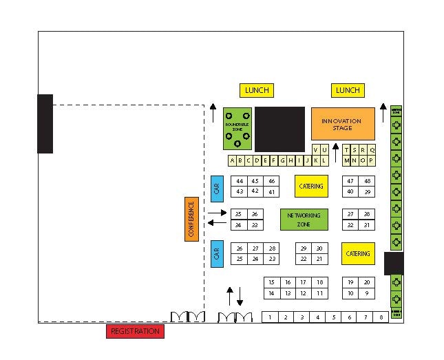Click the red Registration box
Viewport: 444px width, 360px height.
[x=136, y=331]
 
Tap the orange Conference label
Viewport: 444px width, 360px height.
[x=191, y=218]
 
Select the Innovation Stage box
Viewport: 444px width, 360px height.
[x=343, y=124]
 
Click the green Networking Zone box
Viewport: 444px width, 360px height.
[x=304, y=219]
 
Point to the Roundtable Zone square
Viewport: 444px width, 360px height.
[x=237, y=128]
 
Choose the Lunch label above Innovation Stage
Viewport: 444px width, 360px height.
[x=348, y=90]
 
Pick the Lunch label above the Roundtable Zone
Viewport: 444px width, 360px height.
[x=257, y=90]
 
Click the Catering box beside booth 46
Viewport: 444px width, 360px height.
[x=310, y=186]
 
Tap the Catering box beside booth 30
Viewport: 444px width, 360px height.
[x=358, y=253]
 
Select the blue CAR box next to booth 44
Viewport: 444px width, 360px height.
[x=217, y=189]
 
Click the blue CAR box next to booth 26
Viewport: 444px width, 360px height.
[x=217, y=253]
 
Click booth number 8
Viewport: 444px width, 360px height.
[x=381, y=317]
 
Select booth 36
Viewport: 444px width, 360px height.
[x=255, y=214]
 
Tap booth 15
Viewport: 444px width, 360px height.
[x=271, y=282]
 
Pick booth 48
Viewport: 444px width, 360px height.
[x=368, y=181]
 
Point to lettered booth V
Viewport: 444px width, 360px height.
[x=316, y=150]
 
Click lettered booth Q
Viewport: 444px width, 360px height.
[x=372, y=150]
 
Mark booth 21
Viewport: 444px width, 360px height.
[x=319, y=259]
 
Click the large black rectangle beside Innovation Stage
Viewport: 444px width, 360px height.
[x=279, y=129]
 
